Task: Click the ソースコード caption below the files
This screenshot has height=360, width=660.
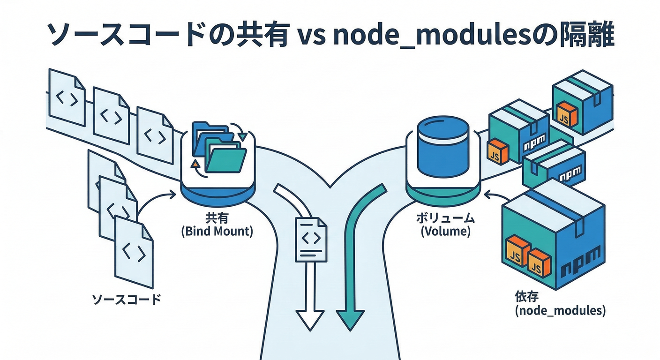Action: tap(126, 299)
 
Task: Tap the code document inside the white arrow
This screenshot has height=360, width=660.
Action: tap(311, 239)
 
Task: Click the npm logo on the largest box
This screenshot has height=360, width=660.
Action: tap(581, 262)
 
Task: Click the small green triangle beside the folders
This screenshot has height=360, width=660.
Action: tap(242, 136)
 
